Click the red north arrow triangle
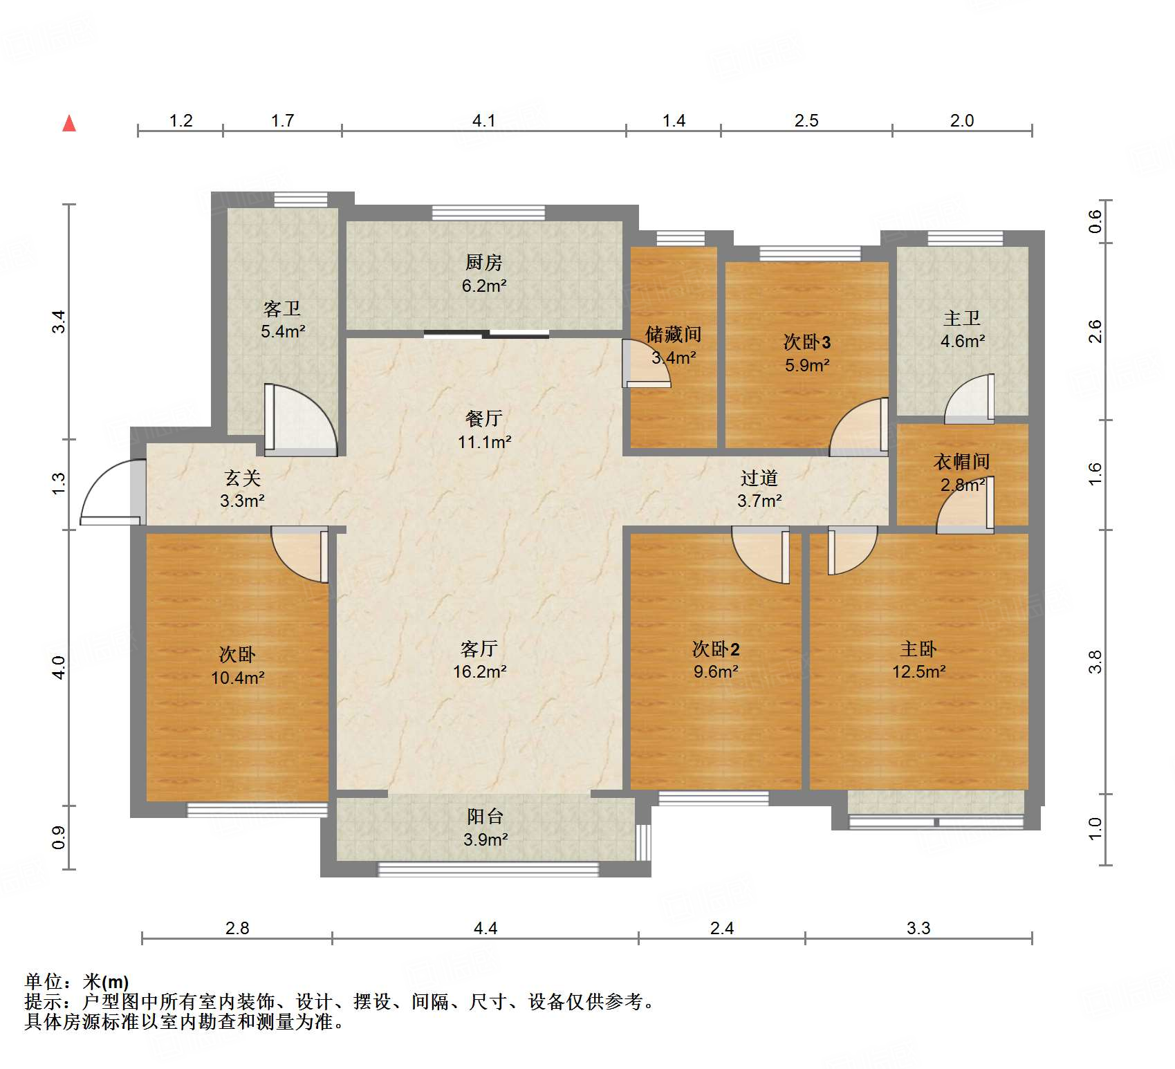[69, 123]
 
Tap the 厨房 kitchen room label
[483, 263]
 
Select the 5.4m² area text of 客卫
[283, 332]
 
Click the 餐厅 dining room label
[483, 418]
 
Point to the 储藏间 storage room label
[673, 335]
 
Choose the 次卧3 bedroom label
[807, 342]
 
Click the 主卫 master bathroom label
[962, 318]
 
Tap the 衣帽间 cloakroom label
[961, 461]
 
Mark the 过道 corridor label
[759, 478]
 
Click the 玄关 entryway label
[242, 478]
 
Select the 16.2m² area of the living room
[480, 671]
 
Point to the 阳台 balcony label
[485, 817]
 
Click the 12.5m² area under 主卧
[919, 671]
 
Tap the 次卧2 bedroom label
[716, 649]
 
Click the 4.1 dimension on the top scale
[484, 121]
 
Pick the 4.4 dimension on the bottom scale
[485, 928]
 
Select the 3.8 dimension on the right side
[1095, 662]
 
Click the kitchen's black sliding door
[486, 335]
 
